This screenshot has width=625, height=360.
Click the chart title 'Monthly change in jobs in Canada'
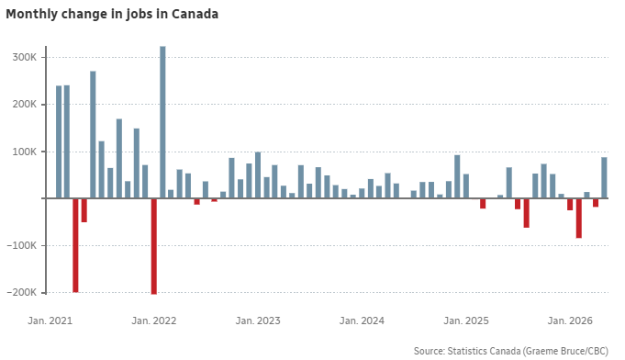[112, 15]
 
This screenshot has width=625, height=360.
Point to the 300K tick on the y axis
[24, 58]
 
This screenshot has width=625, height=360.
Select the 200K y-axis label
[24, 105]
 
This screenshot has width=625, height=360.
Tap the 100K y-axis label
[24, 152]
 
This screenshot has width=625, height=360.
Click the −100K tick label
[21, 245]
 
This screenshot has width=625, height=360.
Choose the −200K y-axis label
[21, 293]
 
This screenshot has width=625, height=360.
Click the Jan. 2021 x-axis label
[50, 321]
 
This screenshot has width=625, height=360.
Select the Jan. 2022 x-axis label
[154, 321]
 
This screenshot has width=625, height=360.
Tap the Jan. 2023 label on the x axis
[258, 321]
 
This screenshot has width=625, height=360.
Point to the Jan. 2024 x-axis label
[362, 321]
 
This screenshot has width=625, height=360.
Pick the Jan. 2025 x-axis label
[466, 321]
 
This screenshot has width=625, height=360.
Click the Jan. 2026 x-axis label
[570, 321]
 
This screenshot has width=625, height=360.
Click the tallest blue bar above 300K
[162, 122]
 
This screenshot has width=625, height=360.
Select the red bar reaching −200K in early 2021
[76, 245]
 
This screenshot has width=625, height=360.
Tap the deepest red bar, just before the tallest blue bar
[154, 246]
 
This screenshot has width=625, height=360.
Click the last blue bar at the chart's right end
[604, 177]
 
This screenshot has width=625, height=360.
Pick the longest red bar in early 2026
[579, 218]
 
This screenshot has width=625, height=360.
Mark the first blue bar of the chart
[59, 142]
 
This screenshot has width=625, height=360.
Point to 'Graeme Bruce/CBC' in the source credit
[566, 351]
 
